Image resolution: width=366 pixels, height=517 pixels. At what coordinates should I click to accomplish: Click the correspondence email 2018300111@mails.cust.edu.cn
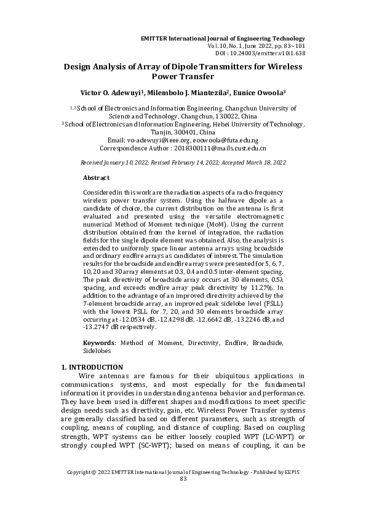[x=223, y=149]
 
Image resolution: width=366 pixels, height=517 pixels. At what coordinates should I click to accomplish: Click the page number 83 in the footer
[x=183, y=496]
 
